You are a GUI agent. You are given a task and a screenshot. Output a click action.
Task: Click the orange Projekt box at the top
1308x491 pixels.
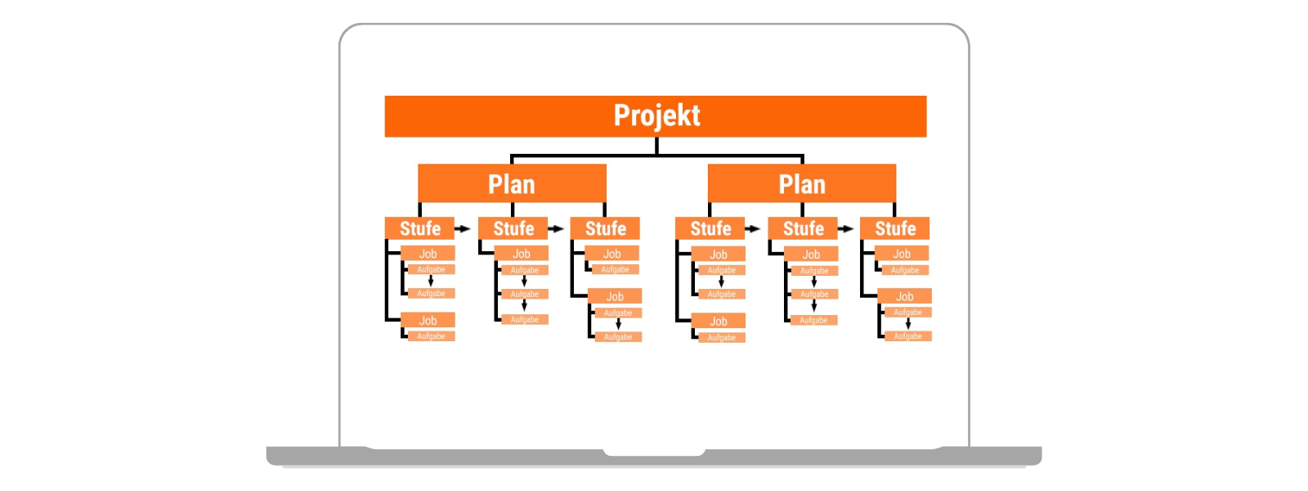pyautogui.click(x=656, y=116)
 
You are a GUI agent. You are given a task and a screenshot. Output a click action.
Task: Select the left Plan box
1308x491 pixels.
pyautogui.click(x=512, y=183)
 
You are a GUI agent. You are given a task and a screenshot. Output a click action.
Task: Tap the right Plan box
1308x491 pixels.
pyautogui.click(x=802, y=183)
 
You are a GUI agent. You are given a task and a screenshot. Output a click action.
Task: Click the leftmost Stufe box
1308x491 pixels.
pyautogui.click(x=419, y=228)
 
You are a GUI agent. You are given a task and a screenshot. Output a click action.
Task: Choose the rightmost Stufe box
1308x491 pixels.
pyautogui.click(x=895, y=228)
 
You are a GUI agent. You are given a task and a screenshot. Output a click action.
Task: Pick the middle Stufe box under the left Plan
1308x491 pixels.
pyautogui.click(x=513, y=228)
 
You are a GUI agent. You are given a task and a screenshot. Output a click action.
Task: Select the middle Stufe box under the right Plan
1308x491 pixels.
pyautogui.click(x=803, y=228)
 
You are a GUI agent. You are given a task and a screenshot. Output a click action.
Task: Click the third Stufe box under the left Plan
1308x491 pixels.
pyautogui.click(x=605, y=228)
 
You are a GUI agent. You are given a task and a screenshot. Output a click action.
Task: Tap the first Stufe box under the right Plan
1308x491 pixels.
pyautogui.click(x=710, y=228)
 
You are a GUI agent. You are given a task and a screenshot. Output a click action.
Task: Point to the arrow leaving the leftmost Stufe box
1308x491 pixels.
pyautogui.click(x=463, y=229)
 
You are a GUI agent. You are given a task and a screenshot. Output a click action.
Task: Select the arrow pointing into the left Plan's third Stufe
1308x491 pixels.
pyautogui.click(x=556, y=229)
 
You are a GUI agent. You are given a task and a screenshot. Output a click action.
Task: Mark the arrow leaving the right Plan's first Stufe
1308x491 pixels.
pyautogui.click(x=753, y=229)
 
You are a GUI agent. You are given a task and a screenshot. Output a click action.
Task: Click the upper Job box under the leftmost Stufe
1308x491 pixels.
pyautogui.click(x=428, y=254)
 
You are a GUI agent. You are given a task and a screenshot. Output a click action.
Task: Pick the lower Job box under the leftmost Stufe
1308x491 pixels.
pyautogui.click(x=428, y=320)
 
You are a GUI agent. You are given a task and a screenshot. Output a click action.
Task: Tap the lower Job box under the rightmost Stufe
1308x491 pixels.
pyautogui.click(x=904, y=296)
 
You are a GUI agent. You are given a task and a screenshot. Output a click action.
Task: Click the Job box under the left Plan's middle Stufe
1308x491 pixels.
pyautogui.click(x=521, y=254)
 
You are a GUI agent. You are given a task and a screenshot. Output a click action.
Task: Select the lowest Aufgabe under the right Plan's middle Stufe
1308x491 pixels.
pyautogui.click(x=813, y=320)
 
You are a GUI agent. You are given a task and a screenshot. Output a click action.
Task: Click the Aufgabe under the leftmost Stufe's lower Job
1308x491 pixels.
pyautogui.click(x=431, y=336)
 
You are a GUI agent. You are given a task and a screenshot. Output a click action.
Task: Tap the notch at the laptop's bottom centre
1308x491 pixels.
pyautogui.click(x=654, y=451)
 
